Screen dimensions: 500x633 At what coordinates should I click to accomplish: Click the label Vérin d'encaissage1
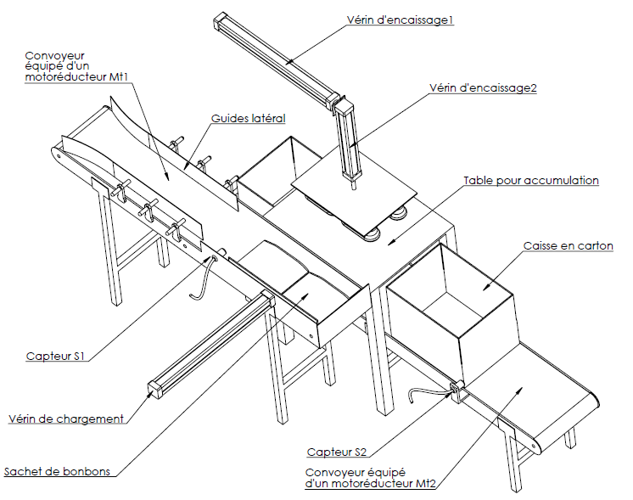[401, 20]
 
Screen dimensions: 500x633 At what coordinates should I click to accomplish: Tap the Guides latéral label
[248, 119]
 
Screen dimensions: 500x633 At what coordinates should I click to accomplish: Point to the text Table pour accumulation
[531, 181]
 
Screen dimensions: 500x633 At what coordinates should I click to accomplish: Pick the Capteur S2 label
[338, 452]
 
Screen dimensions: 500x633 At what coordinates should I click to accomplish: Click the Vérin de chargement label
[66, 419]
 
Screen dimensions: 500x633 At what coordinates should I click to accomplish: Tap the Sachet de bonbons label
[57, 472]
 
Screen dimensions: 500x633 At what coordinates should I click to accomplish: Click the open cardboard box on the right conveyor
[450, 314]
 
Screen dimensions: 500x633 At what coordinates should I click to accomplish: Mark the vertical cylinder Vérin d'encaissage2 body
[347, 140]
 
